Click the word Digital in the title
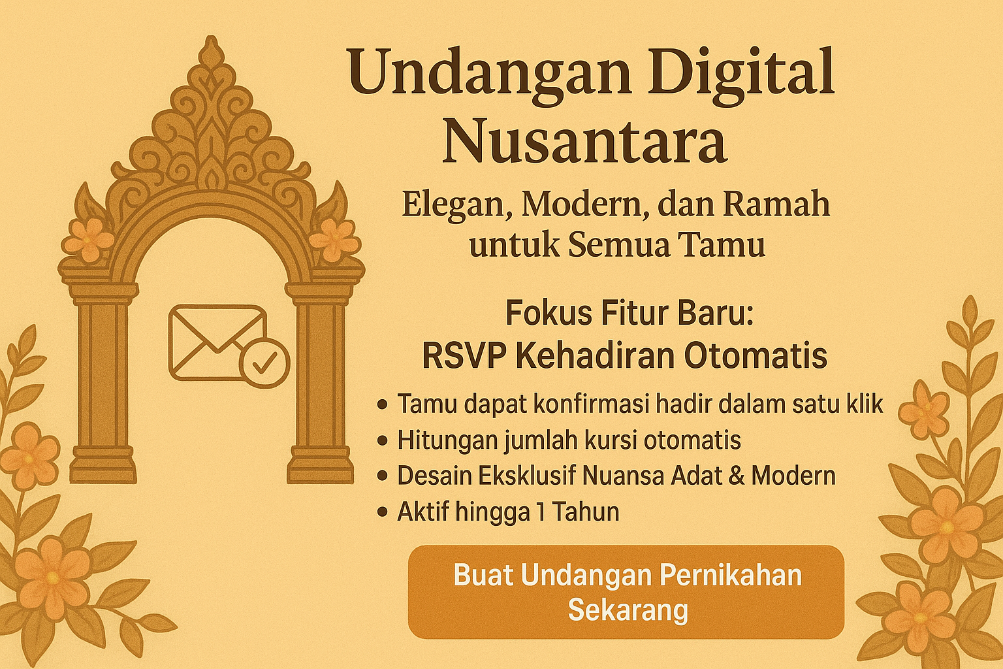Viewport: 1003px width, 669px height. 742,73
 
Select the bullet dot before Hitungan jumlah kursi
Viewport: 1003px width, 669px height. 383,440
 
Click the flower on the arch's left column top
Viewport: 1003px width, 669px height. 89,239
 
